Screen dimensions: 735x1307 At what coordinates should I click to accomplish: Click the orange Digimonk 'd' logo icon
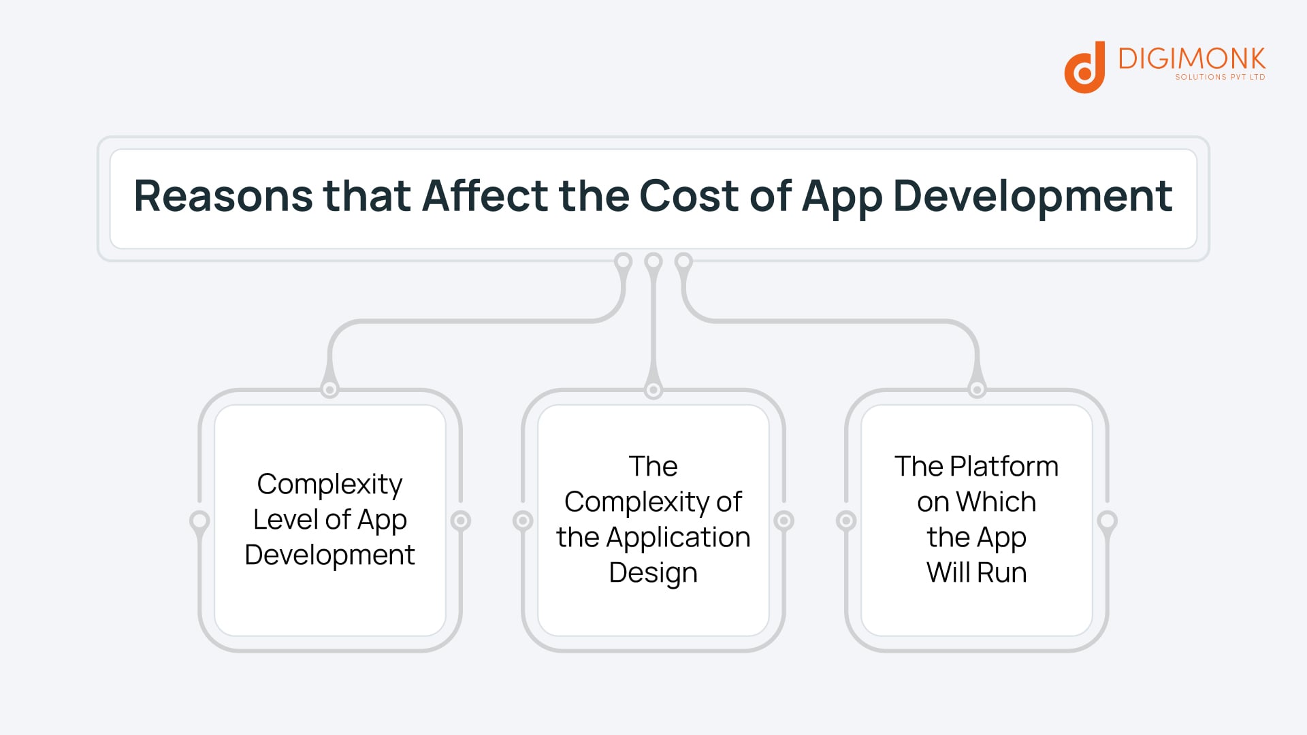point(1084,68)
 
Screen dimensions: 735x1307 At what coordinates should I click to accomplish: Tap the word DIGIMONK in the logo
point(1191,59)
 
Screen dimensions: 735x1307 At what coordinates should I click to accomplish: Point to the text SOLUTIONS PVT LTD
point(1220,77)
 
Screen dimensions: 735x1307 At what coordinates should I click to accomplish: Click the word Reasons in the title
point(223,197)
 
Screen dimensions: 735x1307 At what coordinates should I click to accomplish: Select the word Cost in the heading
point(688,197)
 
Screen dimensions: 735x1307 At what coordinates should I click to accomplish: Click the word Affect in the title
point(485,197)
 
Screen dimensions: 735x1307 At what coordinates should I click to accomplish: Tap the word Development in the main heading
point(1032,197)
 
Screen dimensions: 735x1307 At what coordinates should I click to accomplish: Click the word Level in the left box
point(285,520)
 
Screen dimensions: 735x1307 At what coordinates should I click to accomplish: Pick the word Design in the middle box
point(653,573)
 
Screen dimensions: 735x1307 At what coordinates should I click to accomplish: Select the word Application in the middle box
point(678,538)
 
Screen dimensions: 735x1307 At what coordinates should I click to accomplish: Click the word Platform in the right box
point(1004,467)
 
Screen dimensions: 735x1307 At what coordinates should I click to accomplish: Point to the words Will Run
point(976,573)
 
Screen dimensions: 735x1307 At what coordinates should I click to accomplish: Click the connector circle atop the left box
point(329,389)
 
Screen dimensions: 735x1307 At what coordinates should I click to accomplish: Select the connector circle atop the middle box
point(653,389)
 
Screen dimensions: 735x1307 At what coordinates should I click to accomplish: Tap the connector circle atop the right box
point(977,389)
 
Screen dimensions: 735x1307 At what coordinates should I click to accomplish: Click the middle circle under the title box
point(653,261)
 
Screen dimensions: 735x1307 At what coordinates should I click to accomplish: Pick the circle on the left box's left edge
point(199,521)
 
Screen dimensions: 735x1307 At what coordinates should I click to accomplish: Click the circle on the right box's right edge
point(1108,521)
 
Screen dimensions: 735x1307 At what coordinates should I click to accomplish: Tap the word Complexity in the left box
point(329,485)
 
